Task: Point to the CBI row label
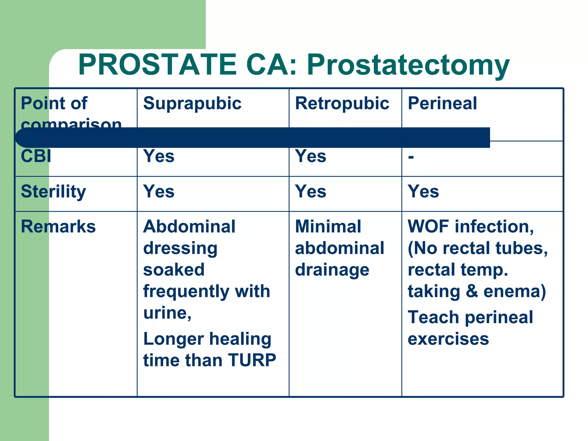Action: [36, 156]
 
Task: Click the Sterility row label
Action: [53, 192]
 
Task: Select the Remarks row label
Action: [58, 227]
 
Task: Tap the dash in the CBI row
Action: [411, 157]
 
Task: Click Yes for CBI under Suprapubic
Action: [159, 156]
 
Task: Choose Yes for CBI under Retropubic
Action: [311, 156]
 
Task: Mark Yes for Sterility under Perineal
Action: [423, 192]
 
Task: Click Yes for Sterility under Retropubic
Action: [311, 192]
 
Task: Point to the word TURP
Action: [252, 360]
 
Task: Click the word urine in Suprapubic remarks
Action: [166, 313]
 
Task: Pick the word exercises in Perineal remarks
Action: [448, 339]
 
